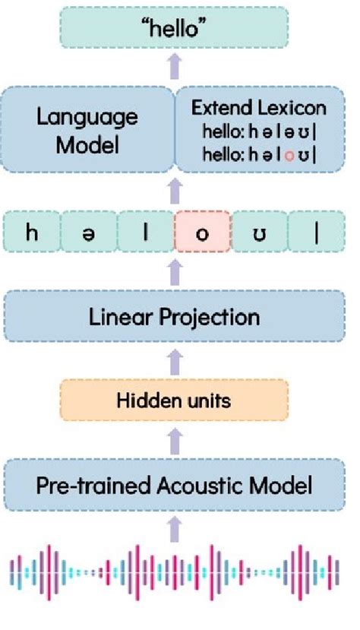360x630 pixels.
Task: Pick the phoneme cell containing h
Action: pyautogui.click(x=32, y=232)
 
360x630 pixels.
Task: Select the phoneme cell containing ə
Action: pyautogui.click(x=89, y=232)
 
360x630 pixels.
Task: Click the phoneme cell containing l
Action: pyautogui.click(x=146, y=232)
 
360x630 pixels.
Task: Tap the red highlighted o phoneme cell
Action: pyautogui.click(x=202, y=232)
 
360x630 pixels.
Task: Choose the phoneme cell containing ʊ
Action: pyautogui.click(x=259, y=232)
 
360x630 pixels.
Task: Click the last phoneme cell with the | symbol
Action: pyautogui.click(x=316, y=232)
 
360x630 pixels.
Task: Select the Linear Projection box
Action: pyautogui.click(x=176, y=316)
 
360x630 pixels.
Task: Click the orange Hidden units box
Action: pyautogui.click(x=175, y=400)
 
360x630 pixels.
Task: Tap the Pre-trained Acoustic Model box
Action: pyautogui.click(x=175, y=484)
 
